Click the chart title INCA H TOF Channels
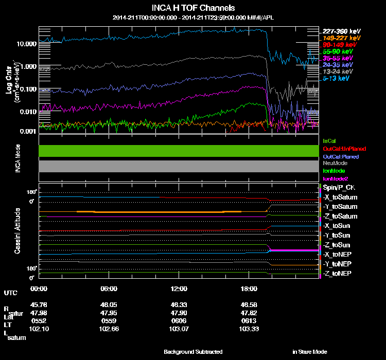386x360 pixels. [x=193, y=8]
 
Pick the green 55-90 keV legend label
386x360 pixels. [x=338, y=51]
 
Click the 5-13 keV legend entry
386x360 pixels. [x=336, y=78]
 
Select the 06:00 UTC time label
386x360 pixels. [x=109, y=289]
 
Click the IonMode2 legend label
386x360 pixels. [x=336, y=178]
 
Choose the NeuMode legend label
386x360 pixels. [x=336, y=163]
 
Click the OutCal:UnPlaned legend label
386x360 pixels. [x=344, y=149]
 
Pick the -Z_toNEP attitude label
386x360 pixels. [x=337, y=273]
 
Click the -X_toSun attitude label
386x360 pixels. [x=337, y=226]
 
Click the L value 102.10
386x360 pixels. [x=39, y=328]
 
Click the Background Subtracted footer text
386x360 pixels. [x=193, y=352]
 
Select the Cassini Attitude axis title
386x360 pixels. [x=17, y=230]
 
